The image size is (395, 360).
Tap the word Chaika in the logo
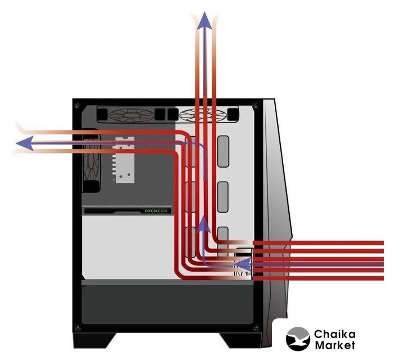tap(335, 334)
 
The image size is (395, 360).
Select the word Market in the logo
tap(335, 345)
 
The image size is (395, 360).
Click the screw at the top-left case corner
tap(77, 105)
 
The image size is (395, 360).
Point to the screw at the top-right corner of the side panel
tap(256, 105)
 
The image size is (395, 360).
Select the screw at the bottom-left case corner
tap(77, 328)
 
